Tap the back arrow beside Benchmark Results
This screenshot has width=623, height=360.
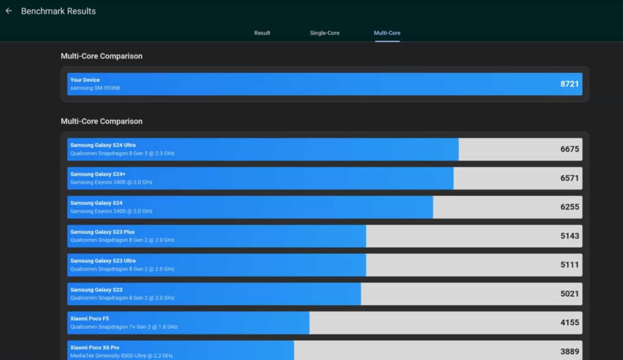9,11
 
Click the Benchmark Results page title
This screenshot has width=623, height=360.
58,11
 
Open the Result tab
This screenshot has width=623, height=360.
262,33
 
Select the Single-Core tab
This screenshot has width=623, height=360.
324,33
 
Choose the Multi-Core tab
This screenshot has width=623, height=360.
387,33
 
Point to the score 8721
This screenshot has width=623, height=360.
569,84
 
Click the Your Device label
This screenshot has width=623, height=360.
85,80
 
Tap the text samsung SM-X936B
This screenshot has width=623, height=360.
95,88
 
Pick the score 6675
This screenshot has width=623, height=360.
569,149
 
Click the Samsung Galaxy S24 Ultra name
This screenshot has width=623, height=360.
103,145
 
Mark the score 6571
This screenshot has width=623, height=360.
569,178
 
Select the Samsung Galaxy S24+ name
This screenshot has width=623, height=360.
94,174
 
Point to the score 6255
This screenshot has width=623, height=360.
569,207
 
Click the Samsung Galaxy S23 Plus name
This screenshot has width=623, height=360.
102,232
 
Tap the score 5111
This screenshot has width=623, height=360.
569,265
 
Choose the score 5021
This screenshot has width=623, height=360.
569,294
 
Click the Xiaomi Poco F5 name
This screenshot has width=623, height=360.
89,319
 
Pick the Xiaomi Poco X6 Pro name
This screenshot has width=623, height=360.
94,348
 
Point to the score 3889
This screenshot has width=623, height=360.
569,351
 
